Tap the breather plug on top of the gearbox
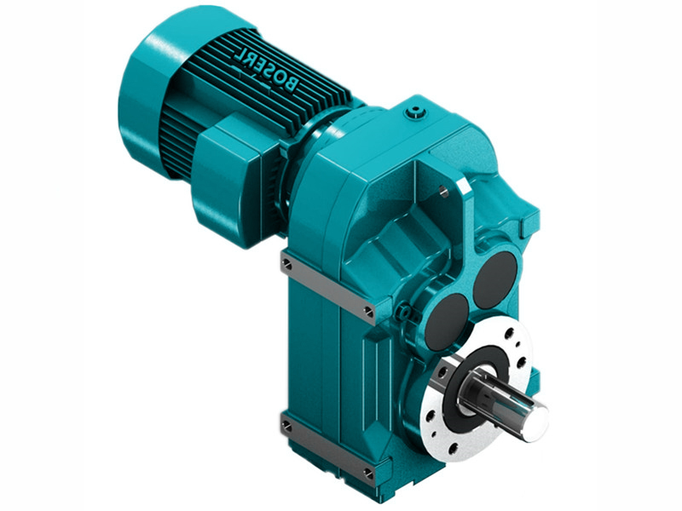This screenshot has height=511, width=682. pyautogui.click(x=415, y=110)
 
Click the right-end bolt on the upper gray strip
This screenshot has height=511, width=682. pyautogui.click(x=368, y=311)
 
